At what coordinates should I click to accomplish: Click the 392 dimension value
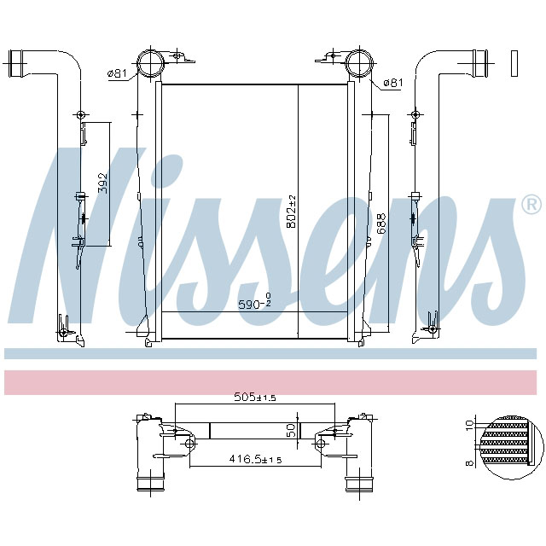[x=102, y=183]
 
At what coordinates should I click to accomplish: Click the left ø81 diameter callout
[x=117, y=74]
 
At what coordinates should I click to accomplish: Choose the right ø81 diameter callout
[x=392, y=83]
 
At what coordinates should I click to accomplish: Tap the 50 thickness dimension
[x=290, y=431]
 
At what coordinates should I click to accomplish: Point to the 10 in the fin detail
[x=468, y=424]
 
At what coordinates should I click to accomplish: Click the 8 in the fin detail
[x=468, y=464]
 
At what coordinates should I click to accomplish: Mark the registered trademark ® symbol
[x=530, y=205]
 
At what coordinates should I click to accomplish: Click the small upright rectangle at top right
[x=514, y=61]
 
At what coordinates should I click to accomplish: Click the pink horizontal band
[x=273, y=382]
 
